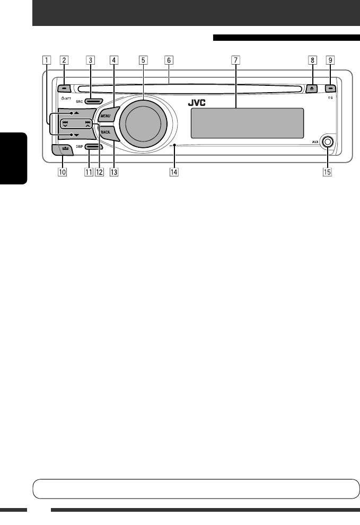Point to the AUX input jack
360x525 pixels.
point(328,142)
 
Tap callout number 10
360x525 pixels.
point(62,172)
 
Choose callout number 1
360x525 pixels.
point(48,60)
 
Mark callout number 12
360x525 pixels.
point(99,172)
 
